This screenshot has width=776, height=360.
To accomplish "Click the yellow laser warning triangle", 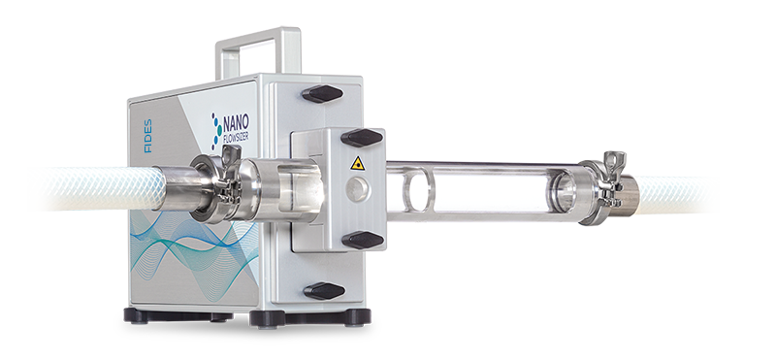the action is tap(357, 163).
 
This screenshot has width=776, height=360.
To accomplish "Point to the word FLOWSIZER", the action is tap(236, 136).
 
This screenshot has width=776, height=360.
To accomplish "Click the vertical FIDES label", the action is tap(147, 136).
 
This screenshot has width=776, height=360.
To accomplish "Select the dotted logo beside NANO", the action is tap(216, 131).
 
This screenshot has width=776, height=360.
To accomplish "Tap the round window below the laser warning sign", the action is tap(357, 189).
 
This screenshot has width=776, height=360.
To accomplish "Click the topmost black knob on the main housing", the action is tap(322, 93).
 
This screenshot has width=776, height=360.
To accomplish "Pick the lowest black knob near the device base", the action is tap(324, 291).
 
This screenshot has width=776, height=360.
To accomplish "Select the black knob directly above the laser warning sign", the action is tap(362, 138).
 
